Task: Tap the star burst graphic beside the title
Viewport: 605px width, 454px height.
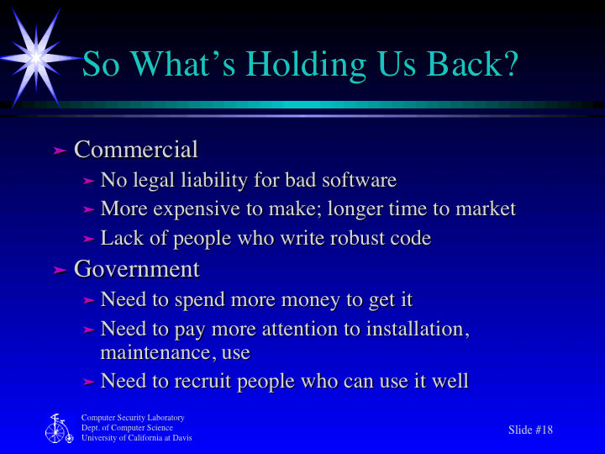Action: pos(35,55)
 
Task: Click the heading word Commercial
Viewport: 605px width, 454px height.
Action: pos(136,150)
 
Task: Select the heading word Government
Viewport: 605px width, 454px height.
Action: pos(137,269)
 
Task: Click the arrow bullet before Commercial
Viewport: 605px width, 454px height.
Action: pos(60,150)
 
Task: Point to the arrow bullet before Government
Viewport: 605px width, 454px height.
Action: pos(60,270)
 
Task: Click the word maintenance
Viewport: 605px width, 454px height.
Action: pos(155,351)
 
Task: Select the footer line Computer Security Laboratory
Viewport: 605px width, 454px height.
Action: pos(133,418)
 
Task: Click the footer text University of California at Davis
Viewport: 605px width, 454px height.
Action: pos(136,438)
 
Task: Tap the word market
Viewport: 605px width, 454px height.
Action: pos(485,209)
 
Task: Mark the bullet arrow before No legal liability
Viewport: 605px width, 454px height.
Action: pos(89,181)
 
